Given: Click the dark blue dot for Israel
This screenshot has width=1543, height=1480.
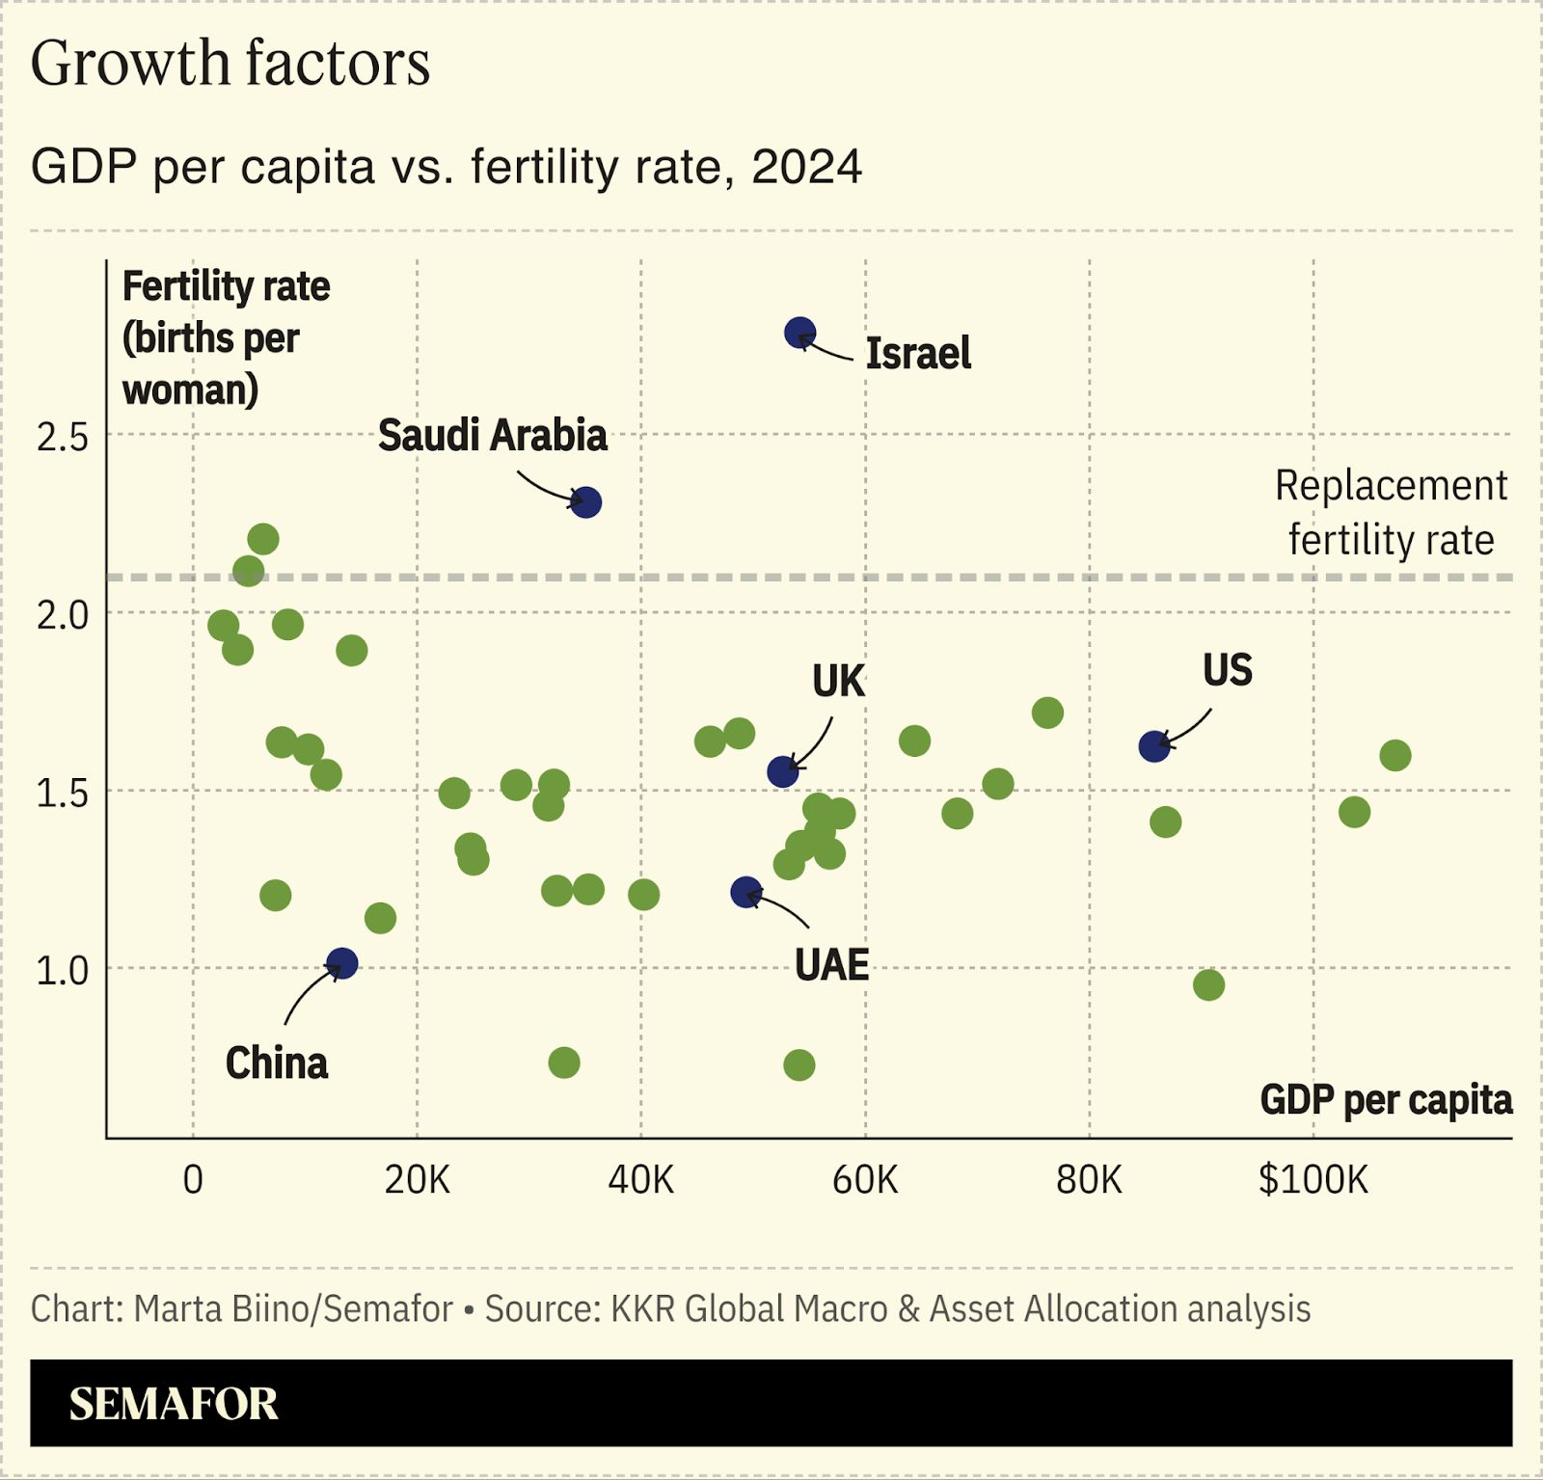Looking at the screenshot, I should tap(799, 334).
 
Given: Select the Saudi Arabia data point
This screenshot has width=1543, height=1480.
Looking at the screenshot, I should tap(585, 502).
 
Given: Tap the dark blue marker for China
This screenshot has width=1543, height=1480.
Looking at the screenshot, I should tap(341, 963).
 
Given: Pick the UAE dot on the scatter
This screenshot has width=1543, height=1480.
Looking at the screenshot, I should tap(745, 893).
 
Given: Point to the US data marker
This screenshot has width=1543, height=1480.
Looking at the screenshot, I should tap(1153, 746).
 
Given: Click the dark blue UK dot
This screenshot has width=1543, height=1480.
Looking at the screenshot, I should tap(782, 771).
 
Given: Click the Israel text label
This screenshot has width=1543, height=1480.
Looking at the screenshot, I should tap(917, 354).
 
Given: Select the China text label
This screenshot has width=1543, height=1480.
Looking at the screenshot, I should tap(276, 1063).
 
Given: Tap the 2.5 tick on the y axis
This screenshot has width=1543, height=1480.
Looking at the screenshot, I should tap(62, 437).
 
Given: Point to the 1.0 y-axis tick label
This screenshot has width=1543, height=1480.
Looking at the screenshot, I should tap(62, 970).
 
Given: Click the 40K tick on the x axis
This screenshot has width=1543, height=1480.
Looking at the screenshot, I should tap(640, 1179).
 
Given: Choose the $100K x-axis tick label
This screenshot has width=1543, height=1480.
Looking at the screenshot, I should tap(1313, 1179).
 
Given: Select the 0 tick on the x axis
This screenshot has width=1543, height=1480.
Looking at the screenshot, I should tap(193, 1179).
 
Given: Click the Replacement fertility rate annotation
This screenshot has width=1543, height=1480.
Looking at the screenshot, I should tap(1390, 512).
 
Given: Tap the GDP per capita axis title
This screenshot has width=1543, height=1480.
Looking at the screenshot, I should tap(1385, 1100).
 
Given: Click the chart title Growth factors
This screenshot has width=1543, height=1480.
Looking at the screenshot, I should tap(230, 64).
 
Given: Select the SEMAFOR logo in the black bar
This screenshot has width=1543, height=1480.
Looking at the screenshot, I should tap(174, 1404).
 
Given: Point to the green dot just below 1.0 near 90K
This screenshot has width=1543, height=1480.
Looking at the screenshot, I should tap(1208, 985).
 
